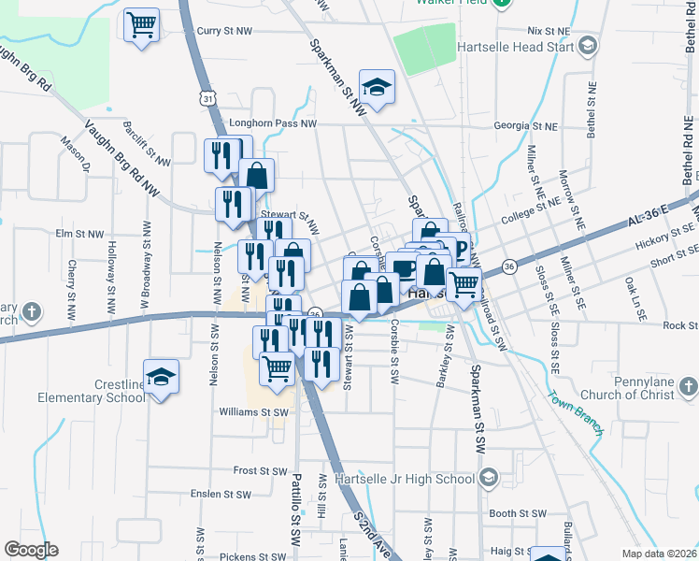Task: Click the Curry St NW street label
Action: click(224, 31)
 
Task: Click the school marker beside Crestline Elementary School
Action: click(162, 376)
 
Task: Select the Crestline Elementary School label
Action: click(91, 391)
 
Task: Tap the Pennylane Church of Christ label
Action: click(632, 388)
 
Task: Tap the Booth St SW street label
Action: click(517, 513)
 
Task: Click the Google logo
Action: click(31, 550)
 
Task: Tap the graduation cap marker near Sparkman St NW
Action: click(377, 87)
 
